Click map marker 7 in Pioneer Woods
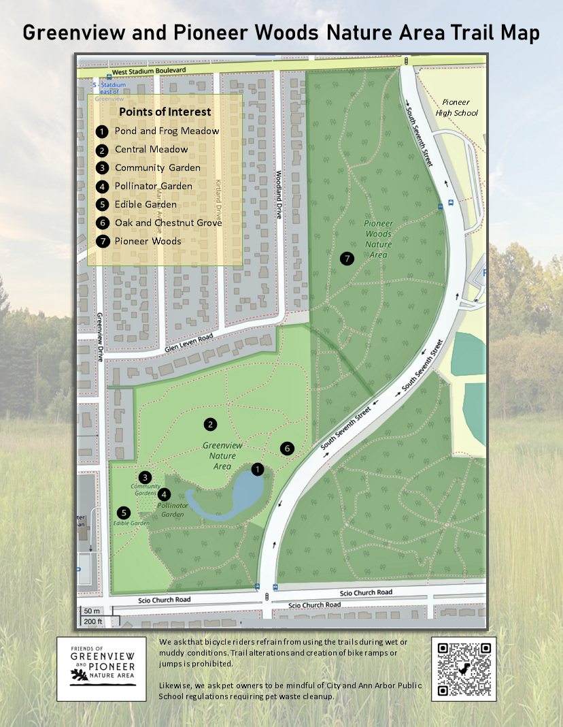pyautogui.click(x=347, y=259)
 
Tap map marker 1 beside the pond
pyautogui.click(x=257, y=469)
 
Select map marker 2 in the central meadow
pyautogui.click(x=211, y=424)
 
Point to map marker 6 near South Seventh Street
pyautogui.click(x=287, y=448)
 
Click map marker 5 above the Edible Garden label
pyautogui.click(x=123, y=513)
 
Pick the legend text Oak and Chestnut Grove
pyautogui.click(x=168, y=223)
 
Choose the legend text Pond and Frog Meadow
pyautogui.click(x=167, y=131)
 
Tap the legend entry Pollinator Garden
pyautogui.click(x=153, y=186)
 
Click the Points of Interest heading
pyautogui.click(x=165, y=112)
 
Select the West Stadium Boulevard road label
pyautogui.click(x=149, y=71)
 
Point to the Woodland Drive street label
pyautogui.click(x=278, y=193)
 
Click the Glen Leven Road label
pyautogui.click(x=188, y=342)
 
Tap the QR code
pyautogui.click(x=464, y=668)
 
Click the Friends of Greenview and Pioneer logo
pyautogui.click(x=101, y=669)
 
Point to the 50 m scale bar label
pyautogui.click(x=92, y=611)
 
